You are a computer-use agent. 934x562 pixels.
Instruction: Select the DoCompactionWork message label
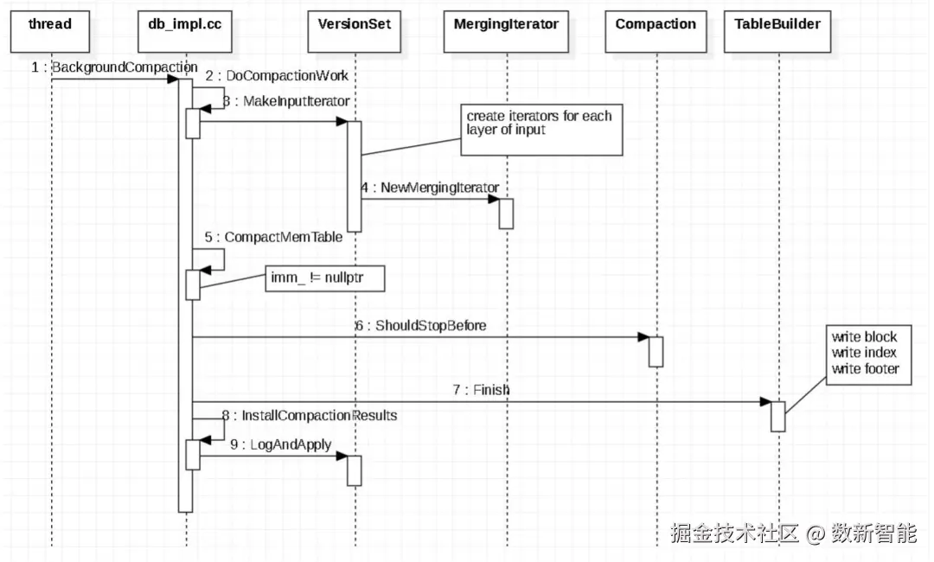point(277,76)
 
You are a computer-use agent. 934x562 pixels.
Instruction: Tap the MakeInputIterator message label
point(286,101)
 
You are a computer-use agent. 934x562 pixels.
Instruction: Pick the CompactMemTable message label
point(273,236)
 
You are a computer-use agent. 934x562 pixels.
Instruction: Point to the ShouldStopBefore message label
point(420,326)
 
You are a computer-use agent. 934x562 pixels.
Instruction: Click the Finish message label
point(481,390)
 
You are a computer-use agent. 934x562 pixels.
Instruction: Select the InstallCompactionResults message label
point(310,416)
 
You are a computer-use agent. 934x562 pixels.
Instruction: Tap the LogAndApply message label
point(282,444)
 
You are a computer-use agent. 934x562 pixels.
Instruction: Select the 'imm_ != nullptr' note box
point(324,279)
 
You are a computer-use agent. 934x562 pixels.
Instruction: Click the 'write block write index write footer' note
point(865,353)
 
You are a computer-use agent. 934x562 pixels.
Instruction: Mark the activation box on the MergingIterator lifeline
point(506,214)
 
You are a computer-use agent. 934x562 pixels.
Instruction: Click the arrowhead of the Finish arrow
point(764,402)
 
